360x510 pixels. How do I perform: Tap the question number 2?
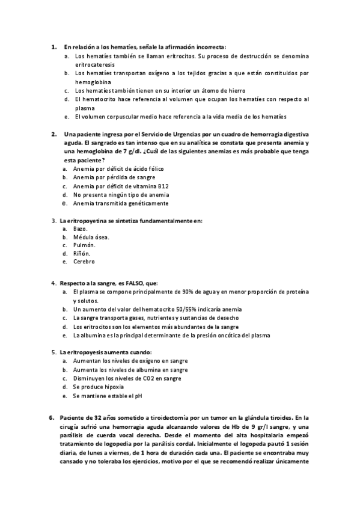pos(53,134)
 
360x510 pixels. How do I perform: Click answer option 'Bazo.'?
pos(81,229)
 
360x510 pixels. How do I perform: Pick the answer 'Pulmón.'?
pos(84,245)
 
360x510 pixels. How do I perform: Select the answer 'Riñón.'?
pos(82,254)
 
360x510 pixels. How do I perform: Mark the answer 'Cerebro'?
pos(84,262)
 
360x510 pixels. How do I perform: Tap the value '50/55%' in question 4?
pos(183,309)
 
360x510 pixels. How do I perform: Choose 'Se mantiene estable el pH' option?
pos(108,396)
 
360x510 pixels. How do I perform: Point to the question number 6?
pos(50,416)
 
